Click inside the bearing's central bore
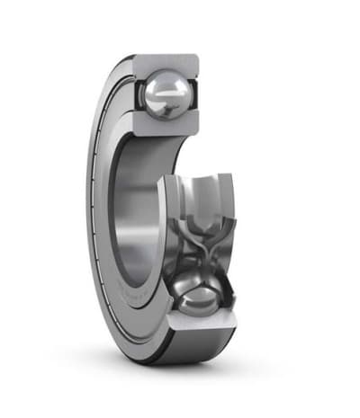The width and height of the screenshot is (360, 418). tap(135, 207)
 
